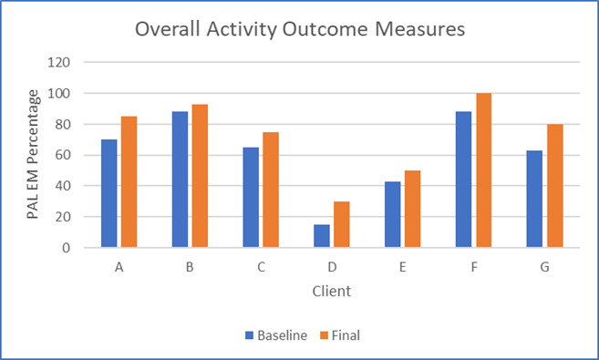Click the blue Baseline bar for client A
tap(108, 193)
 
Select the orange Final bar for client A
tap(129, 181)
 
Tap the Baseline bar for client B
tap(180, 180)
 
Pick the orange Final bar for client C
tap(270, 190)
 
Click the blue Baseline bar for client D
tap(321, 235)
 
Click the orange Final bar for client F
tap(482, 170)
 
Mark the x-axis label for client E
tap(402, 269)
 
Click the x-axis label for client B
tap(190, 269)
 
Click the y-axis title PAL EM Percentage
tap(33, 155)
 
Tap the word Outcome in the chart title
tap(323, 30)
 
